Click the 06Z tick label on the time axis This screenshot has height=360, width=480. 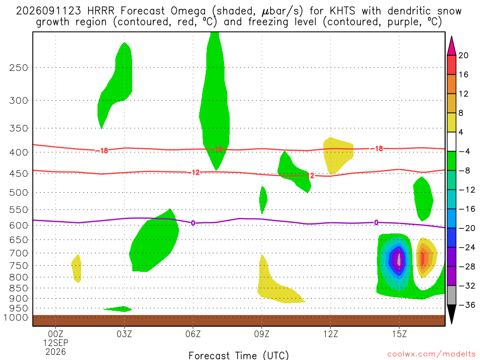click(193, 334)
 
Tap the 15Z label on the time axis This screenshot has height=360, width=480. click(399, 334)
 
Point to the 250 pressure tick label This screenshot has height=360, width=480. click(19, 67)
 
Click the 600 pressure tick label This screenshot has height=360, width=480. click(19, 225)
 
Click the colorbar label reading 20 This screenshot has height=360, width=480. click(464, 55)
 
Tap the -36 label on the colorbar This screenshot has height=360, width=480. click(467, 305)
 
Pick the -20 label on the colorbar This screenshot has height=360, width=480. click(467, 228)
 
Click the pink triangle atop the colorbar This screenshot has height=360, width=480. click(451, 46)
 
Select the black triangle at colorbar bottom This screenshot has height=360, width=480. click(451, 314)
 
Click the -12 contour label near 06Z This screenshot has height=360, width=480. click(194, 172)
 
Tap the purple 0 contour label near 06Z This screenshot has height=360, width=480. click(193, 223)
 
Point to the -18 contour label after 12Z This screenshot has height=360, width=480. click(377, 149)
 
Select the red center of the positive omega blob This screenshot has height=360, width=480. click(423, 259)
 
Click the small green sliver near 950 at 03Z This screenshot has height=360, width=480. click(118, 309)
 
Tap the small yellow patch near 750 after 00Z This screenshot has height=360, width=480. click(76, 269)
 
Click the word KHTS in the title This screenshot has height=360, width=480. click(342, 11)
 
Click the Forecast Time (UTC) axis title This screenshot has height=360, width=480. click(239, 355)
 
